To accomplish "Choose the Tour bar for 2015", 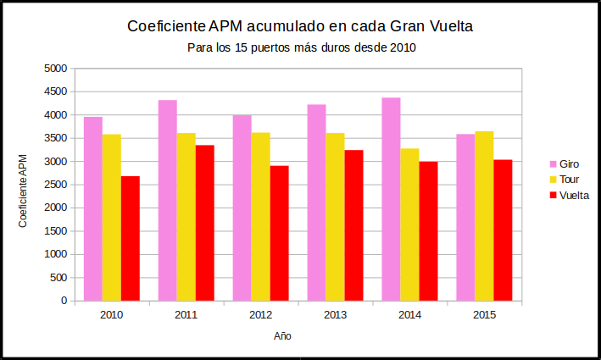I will coord(484,216).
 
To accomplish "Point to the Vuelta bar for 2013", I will coord(354,225).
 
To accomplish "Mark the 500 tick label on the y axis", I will coord(58,277).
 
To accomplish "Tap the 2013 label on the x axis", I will coord(335,316).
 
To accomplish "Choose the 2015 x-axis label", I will coord(484,316).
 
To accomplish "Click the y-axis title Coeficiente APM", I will coord(24,191).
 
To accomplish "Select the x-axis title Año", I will coord(283,336).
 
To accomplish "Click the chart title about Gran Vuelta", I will coord(300,27).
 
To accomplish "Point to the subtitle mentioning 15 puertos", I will coord(301,48).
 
